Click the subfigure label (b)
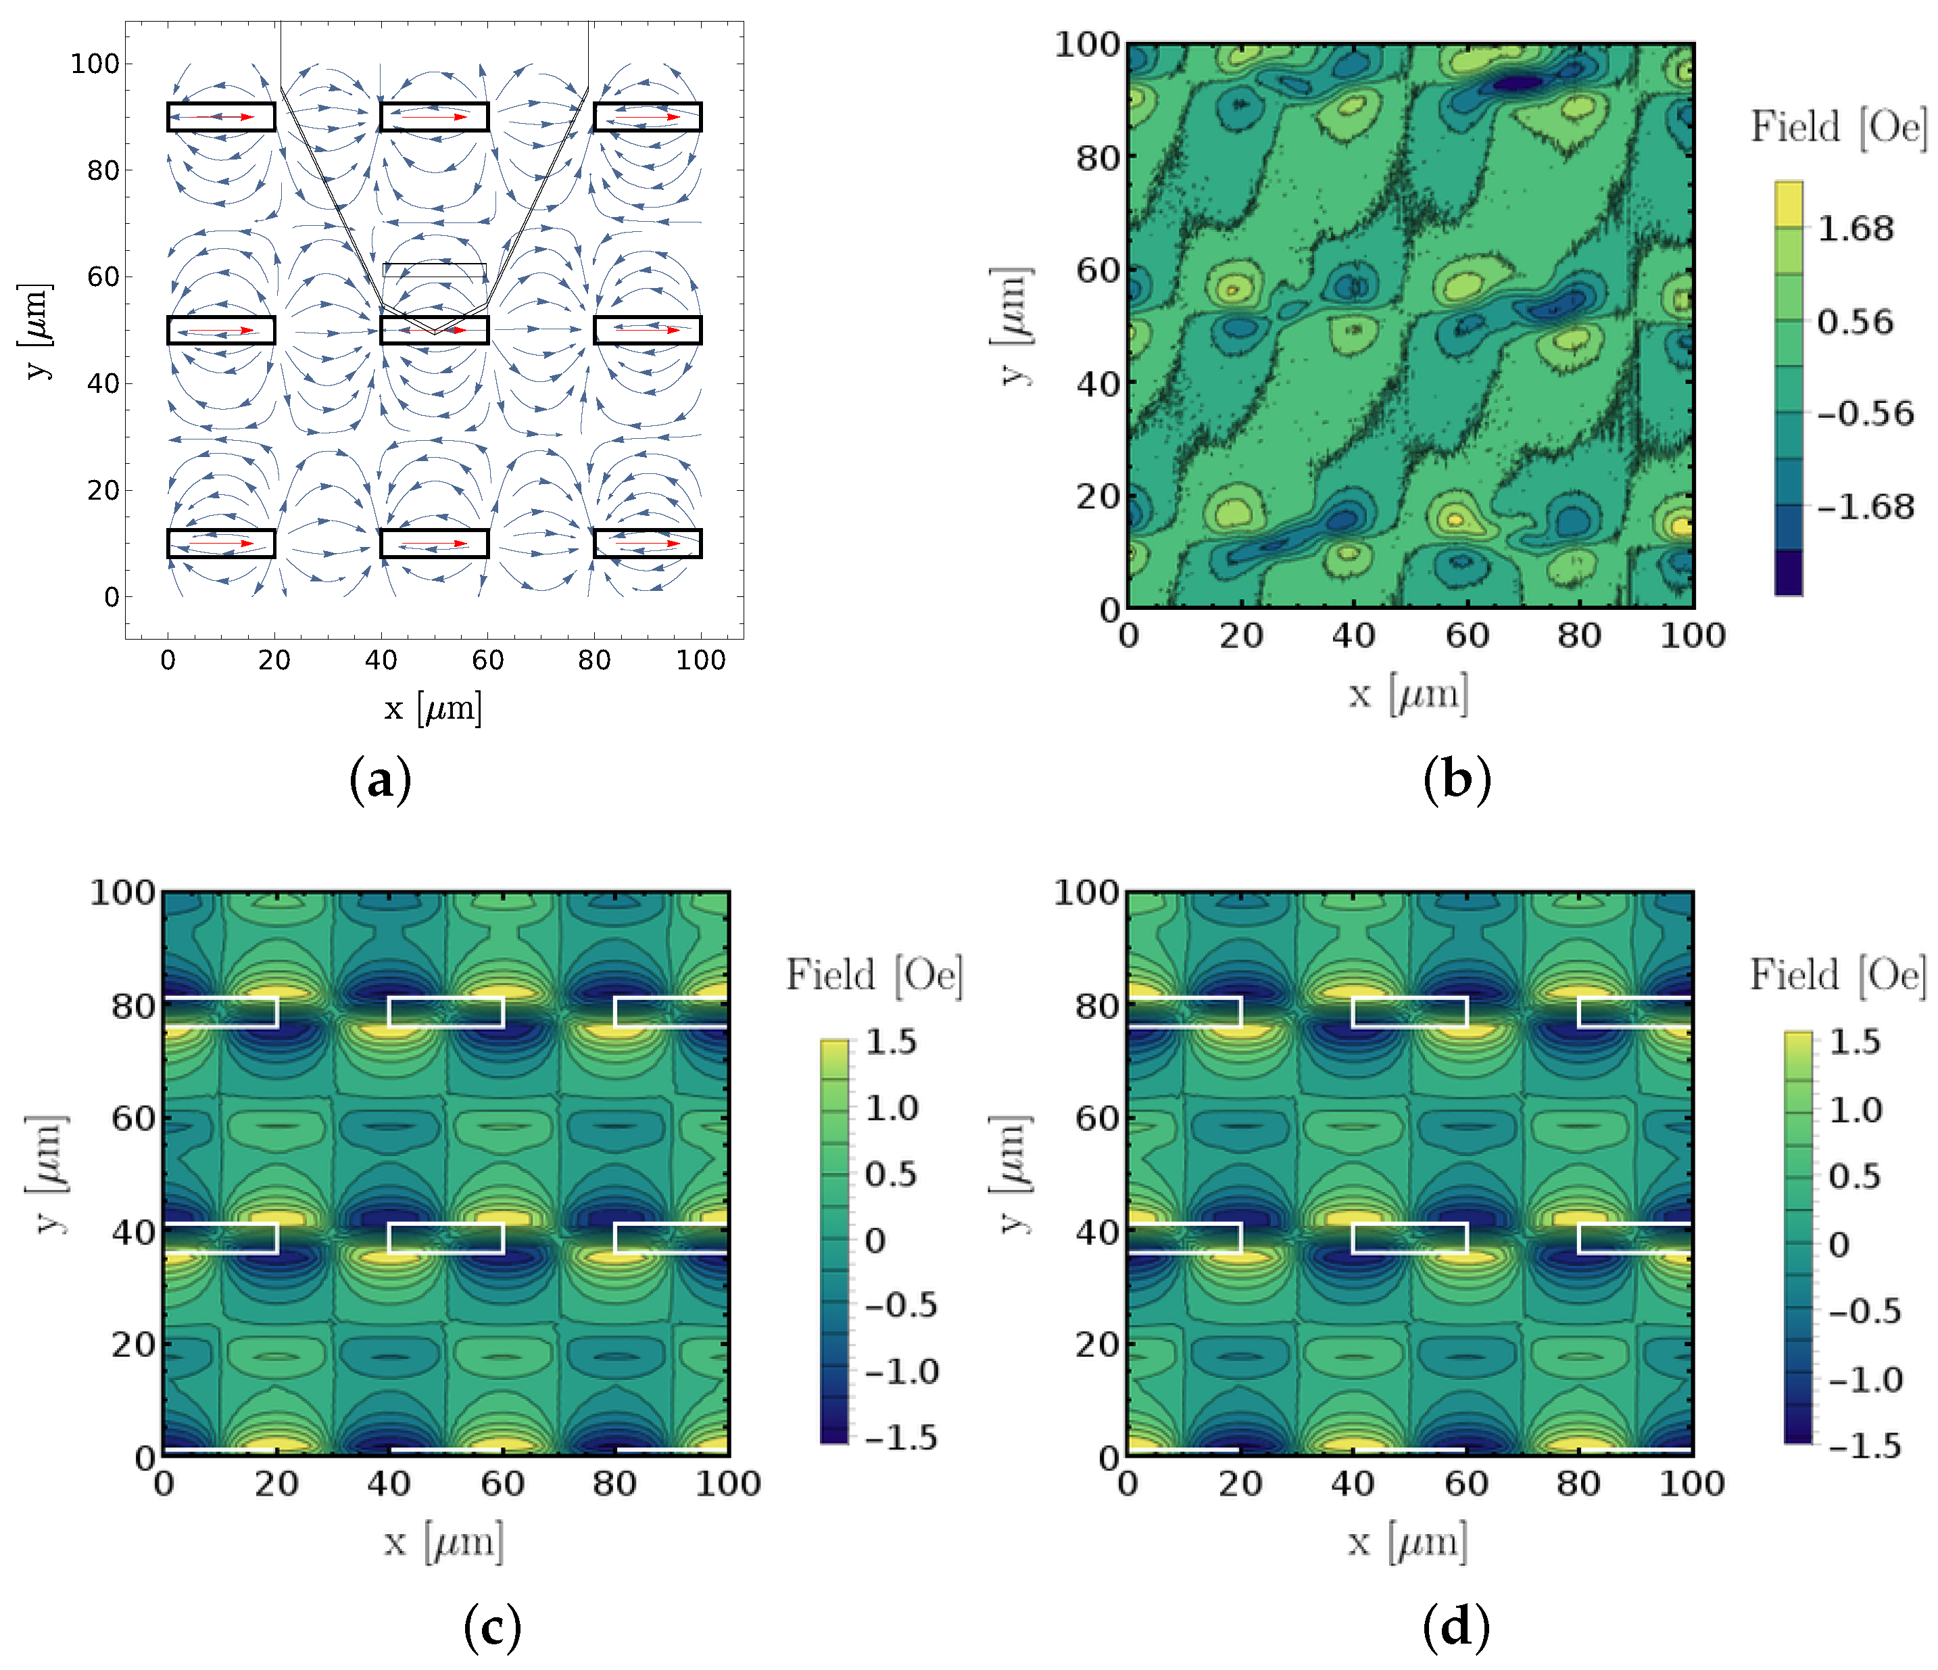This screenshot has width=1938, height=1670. click(x=1455, y=780)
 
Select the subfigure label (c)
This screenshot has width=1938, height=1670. click(x=492, y=1627)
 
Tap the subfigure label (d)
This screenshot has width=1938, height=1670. click(x=1455, y=1627)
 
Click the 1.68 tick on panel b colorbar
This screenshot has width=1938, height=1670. click(x=1855, y=229)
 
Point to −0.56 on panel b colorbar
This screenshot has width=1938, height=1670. click(x=1865, y=414)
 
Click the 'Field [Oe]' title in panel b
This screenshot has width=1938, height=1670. click(x=1837, y=127)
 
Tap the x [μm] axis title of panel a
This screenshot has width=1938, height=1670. click(x=433, y=707)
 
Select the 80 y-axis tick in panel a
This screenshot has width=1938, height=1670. click(x=103, y=170)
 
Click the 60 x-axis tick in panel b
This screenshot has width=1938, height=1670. click(x=1467, y=636)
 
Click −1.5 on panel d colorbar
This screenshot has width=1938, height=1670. click(x=1864, y=1446)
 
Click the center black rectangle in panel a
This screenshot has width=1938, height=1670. click(x=434, y=330)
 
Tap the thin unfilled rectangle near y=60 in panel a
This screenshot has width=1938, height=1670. click(x=434, y=271)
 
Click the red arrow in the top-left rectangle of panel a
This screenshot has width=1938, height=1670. click(x=222, y=117)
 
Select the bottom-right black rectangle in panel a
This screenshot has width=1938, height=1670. click(x=648, y=544)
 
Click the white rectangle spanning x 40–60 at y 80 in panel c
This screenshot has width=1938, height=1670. click(x=446, y=1012)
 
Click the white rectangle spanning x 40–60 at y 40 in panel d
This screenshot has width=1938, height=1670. click(x=1409, y=1238)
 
